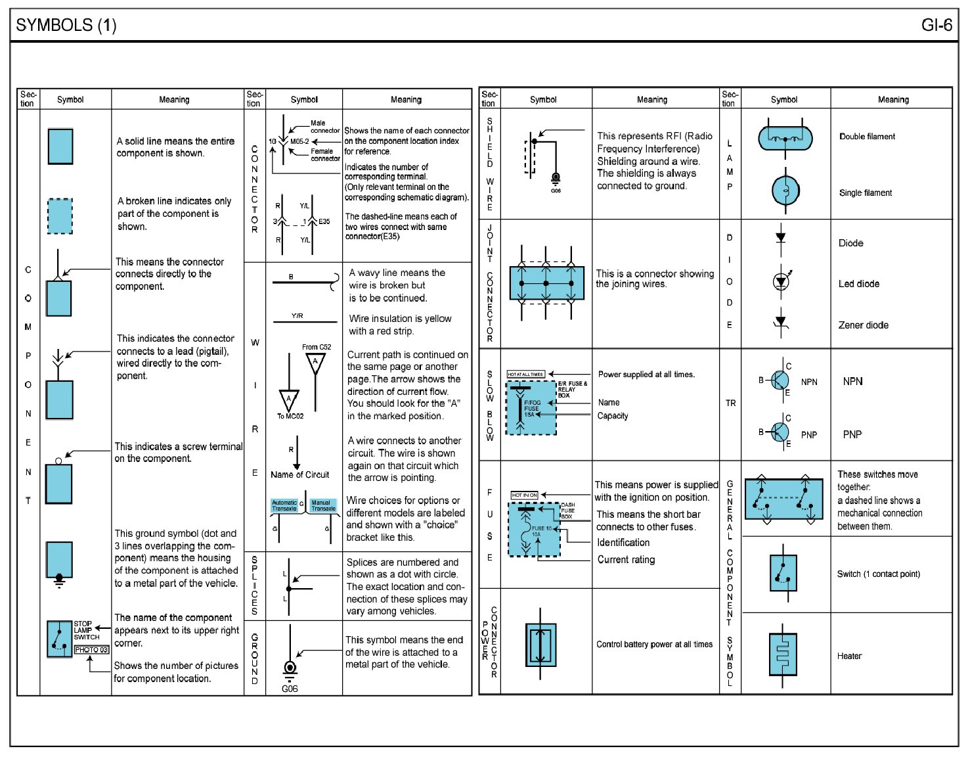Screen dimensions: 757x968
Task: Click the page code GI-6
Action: point(936,25)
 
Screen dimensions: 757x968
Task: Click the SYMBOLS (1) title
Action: point(66,25)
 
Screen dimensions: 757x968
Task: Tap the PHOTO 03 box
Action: point(91,650)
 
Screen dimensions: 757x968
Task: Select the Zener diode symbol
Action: point(781,322)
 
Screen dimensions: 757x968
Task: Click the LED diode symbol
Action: point(781,282)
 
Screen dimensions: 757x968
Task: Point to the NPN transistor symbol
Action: point(779,380)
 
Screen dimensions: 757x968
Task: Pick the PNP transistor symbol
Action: point(779,432)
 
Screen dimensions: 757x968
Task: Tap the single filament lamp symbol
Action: point(785,191)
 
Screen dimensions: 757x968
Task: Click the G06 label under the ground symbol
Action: point(290,689)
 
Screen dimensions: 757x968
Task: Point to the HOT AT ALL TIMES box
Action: point(525,374)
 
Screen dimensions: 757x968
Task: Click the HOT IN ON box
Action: point(525,495)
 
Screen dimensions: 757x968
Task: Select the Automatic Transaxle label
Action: point(284,505)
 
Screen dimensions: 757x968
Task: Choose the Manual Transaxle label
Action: point(322,505)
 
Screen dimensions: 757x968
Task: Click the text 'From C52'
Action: point(317,347)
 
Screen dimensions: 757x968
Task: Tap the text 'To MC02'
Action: point(290,416)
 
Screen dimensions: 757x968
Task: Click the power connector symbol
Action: point(540,645)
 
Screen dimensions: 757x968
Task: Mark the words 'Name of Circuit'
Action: point(299,474)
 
